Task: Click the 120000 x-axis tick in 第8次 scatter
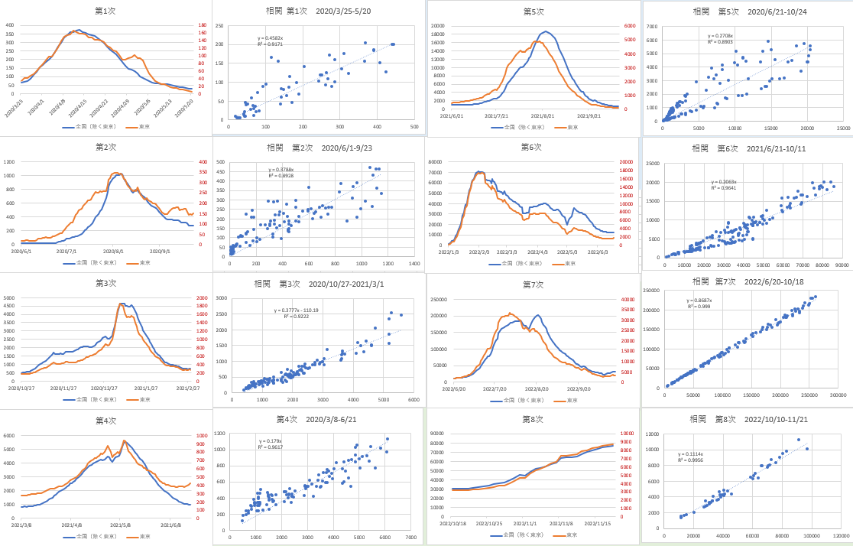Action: [x=841, y=535]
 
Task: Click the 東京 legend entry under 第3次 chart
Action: [x=139, y=399]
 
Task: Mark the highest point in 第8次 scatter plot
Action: [x=799, y=440]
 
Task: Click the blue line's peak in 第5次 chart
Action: [x=546, y=32]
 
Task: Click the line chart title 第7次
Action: [x=533, y=284]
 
